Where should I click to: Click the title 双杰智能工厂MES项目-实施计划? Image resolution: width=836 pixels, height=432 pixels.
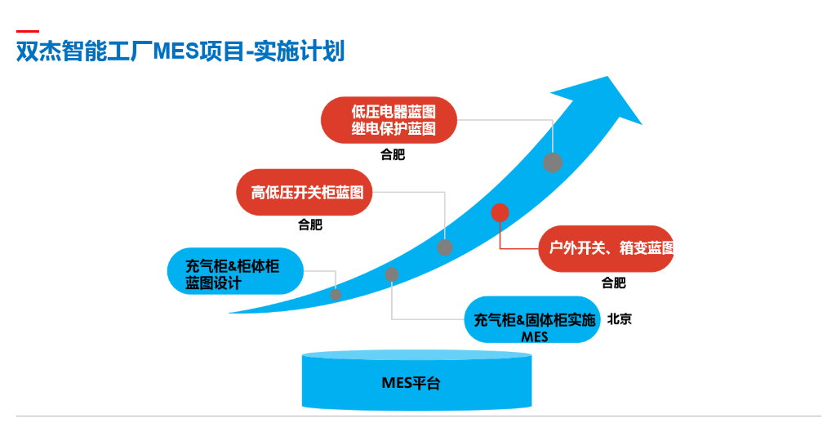[180, 51]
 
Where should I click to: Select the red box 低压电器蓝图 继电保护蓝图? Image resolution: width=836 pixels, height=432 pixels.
[389, 120]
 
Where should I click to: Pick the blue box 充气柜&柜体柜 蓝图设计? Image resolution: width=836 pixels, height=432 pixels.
[235, 271]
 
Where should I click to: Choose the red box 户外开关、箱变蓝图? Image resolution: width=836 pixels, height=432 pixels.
[606, 248]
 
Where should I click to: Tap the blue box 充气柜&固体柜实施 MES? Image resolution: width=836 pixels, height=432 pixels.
[531, 319]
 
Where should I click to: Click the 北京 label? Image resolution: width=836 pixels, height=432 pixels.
[619, 319]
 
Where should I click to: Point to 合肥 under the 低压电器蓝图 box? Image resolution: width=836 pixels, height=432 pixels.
[393, 155]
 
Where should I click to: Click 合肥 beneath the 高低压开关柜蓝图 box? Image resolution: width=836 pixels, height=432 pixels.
[310, 225]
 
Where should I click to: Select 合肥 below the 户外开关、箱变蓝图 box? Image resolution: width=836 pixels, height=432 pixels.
[614, 283]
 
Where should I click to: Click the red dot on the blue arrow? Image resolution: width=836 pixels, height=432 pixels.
[500, 213]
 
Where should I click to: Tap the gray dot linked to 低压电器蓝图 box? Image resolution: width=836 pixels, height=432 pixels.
[553, 163]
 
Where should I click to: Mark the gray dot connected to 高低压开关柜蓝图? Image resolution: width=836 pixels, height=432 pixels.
[445, 247]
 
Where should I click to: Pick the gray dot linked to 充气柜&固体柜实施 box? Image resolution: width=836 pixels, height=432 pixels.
[392, 274]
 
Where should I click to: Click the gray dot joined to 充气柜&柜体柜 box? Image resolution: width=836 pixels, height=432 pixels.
[336, 294]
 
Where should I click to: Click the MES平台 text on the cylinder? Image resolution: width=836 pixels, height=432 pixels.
[411, 382]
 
